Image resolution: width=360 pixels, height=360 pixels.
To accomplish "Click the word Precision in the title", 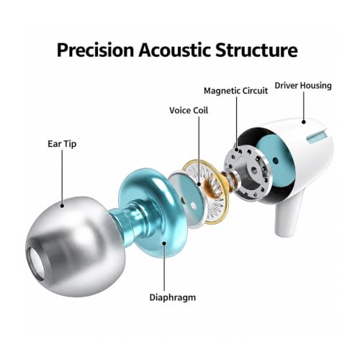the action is [95, 50].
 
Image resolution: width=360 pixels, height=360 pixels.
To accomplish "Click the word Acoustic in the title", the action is [175, 50].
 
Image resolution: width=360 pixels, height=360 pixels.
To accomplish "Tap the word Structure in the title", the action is [256, 50].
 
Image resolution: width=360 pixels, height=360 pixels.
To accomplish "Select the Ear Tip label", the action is [62, 144].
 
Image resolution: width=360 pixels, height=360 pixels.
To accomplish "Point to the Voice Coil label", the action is [189, 110].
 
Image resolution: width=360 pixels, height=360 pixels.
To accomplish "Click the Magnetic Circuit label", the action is [235, 91].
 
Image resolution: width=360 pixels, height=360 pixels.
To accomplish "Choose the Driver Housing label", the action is [303, 86].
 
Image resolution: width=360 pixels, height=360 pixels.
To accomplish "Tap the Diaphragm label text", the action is [173, 297].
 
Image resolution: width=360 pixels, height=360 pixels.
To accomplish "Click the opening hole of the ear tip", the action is [36, 264].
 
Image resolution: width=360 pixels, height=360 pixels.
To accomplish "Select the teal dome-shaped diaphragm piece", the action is [153, 211].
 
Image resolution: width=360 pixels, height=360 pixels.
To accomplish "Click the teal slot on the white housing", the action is [316, 137].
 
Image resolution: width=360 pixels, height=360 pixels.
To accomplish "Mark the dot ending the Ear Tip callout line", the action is [62, 206].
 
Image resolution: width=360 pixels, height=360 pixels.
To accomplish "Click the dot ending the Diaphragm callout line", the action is [164, 243].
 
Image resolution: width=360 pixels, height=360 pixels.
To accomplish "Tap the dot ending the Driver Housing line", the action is [304, 122].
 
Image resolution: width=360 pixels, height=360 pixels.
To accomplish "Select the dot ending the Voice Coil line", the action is [199, 184].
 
